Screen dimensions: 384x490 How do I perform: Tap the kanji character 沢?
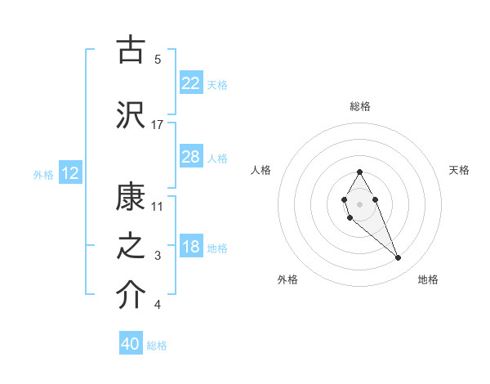tap(131, 114)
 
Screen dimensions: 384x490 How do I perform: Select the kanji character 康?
tap(131, 197)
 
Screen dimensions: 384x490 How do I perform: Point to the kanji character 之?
tap(131, 248)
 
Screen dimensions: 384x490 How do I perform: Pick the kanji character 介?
tap(131, 296)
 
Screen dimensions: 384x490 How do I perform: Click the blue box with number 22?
tap(190, 83)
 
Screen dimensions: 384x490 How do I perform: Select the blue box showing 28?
tap(190, 157)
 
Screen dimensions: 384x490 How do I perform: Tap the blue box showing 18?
tap(190, 247)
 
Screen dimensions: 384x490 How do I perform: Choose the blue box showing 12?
tap(69, 173)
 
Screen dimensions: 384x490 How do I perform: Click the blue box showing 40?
tap(131, 344)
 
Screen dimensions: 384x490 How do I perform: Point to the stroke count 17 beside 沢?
tap(158, 124)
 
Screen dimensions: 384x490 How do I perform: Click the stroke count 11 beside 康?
tap(158, 206)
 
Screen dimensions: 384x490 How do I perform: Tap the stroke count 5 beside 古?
tap(158, 59)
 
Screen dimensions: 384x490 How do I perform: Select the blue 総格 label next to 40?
tap(157, 346)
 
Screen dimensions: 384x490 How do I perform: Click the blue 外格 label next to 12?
tap(42, 174)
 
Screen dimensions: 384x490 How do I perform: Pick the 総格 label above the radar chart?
tap(359, 106)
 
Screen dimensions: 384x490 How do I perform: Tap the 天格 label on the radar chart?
tap(459, 170)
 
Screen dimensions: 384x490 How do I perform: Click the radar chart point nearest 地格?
tap(399, 258)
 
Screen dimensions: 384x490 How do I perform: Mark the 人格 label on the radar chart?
tap(261, 170)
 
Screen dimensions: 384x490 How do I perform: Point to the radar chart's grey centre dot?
tap(359, 203)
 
